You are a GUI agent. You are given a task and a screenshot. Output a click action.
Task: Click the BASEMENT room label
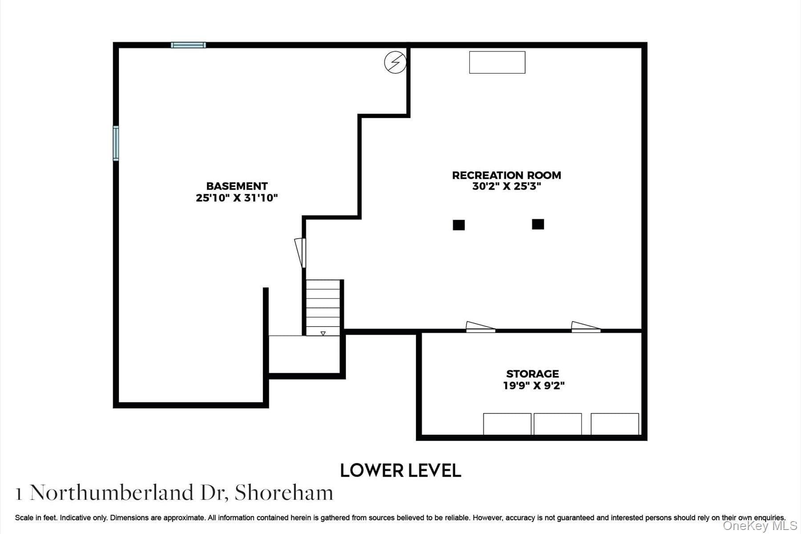(x=237, y=186)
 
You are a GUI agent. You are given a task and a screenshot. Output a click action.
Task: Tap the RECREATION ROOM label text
(x=506, y=175)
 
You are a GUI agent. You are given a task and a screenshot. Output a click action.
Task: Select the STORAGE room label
(x=533, y=374)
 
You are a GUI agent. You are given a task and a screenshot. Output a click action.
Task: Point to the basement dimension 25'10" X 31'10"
(x=237, y=198)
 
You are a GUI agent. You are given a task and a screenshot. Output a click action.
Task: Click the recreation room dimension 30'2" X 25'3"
(x=506, y=186)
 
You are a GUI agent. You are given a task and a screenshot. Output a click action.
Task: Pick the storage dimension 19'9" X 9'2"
(x=534, y=385)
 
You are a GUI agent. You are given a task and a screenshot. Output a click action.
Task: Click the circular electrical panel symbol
(x=396, y=62)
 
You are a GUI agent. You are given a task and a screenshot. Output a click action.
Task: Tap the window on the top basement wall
(x=188, y=45)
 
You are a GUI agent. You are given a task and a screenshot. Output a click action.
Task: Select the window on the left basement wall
(x=116, y=143)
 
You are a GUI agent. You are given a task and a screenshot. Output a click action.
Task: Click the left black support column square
(x=459, y=225)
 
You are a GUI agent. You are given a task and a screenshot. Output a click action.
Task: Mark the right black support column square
(x=538, y=224)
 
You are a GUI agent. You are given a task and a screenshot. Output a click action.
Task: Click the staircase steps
(x=323, y=307)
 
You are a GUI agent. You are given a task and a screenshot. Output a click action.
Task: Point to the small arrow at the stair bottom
(x=323, y=333)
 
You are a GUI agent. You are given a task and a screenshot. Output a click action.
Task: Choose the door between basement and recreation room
(x=300, y=253)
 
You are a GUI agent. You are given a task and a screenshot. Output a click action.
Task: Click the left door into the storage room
(x=481, y=327)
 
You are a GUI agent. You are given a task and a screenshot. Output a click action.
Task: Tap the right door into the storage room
(x=586, y=327)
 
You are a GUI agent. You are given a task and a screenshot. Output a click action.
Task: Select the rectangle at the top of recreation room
(x=497, y=62)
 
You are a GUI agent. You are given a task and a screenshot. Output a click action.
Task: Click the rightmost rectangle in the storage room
(x=615, y=424)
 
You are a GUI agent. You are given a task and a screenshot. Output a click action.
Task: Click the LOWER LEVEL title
(x=400, y=470)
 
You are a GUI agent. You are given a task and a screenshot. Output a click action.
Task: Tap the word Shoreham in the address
(x=284, y=493)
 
